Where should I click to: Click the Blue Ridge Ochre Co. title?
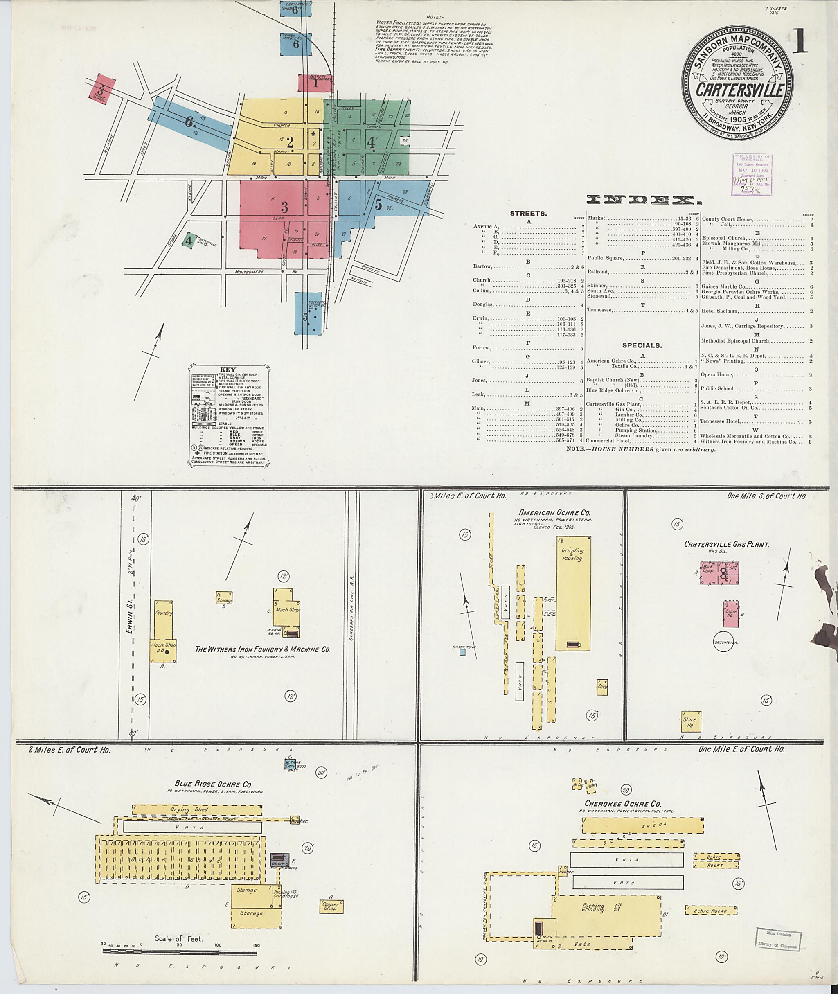(214, 784)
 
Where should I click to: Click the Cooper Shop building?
(331, 906)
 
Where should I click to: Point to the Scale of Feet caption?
(178, 938)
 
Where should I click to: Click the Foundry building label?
(162, 613)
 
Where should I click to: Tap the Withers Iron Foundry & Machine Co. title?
(262, 649)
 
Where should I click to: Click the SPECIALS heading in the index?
(642, 345)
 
